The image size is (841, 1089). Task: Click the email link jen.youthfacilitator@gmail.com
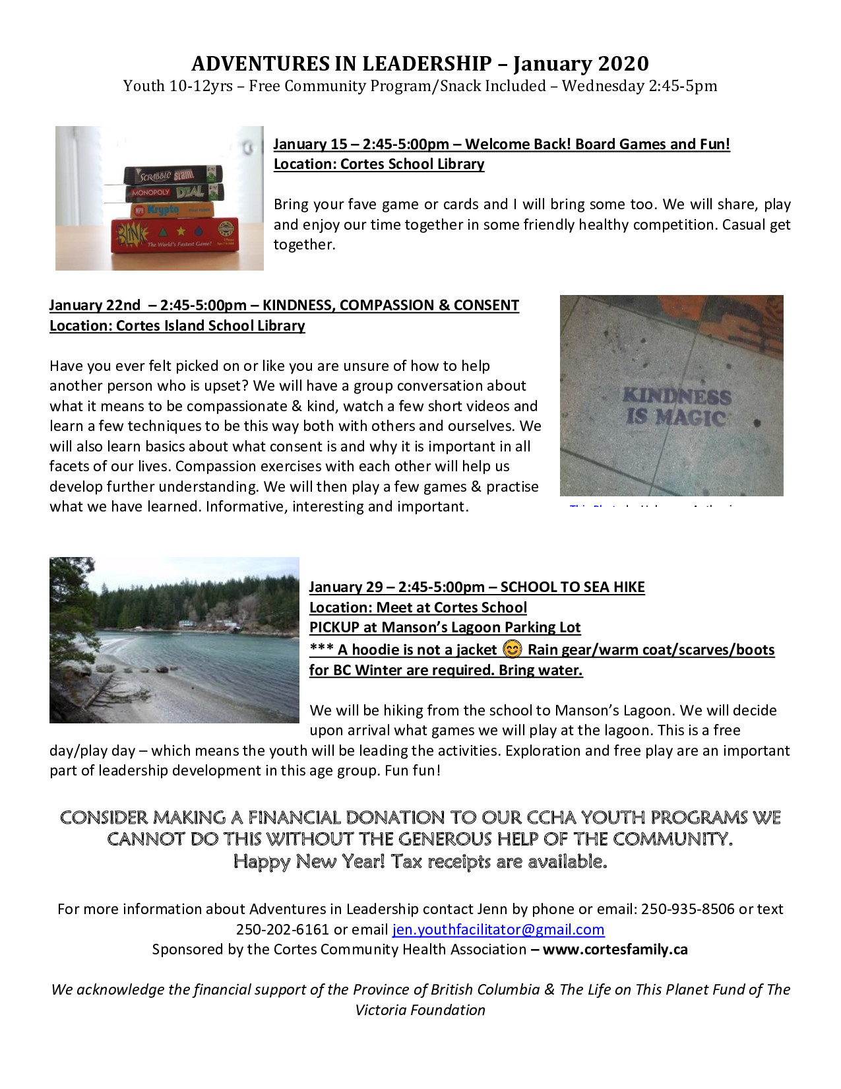(498, 929)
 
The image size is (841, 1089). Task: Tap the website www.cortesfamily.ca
(615, 950)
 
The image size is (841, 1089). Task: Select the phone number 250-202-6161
(282, 929)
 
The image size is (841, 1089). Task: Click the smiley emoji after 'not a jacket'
(512, 649)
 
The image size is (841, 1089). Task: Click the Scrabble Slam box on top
(173, 174)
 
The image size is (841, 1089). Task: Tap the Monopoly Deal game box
(175, 193)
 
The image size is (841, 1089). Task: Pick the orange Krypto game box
(172, 211)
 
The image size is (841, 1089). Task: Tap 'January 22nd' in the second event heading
(94, 305)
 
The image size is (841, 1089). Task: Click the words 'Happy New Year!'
(309, 861)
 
